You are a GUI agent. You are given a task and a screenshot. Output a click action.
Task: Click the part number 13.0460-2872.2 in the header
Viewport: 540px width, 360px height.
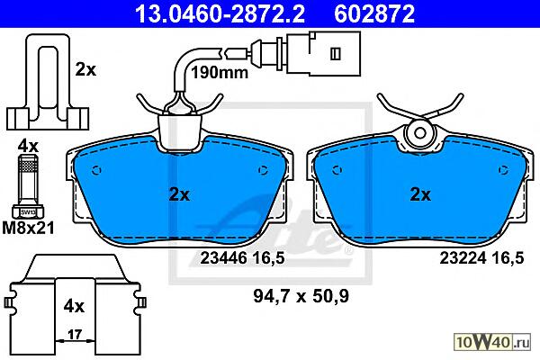(220, 14)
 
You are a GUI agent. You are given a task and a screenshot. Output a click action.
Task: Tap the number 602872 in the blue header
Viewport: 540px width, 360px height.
(374, 14)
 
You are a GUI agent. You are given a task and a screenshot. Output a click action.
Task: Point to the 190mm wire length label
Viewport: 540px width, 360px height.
(220, 73)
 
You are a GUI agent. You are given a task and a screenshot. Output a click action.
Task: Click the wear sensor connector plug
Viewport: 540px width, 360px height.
(324, 53)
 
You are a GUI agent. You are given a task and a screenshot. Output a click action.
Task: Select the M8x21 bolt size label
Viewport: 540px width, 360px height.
(28, 228)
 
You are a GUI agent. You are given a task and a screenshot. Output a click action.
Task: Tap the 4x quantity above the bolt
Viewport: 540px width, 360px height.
(28, 147)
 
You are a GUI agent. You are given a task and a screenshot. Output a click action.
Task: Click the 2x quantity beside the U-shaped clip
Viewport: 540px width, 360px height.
(85, 70)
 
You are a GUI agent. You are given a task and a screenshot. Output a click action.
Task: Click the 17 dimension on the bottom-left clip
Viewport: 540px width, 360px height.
(75, 334)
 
